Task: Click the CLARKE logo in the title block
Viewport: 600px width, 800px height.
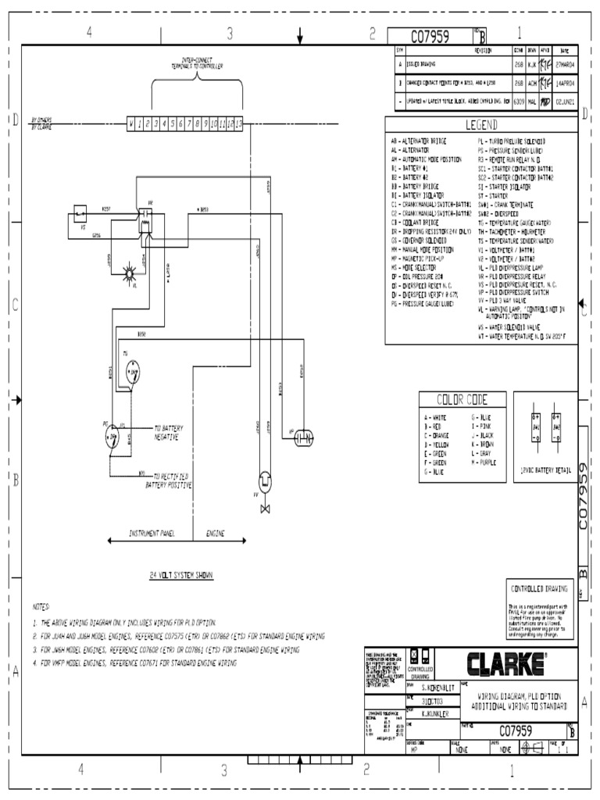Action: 505,664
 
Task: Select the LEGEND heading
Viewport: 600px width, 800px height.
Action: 481,125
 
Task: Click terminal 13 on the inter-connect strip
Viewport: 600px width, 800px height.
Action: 238,123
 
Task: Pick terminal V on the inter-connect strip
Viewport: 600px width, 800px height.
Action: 132,123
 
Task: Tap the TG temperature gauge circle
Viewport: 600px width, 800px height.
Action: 132,367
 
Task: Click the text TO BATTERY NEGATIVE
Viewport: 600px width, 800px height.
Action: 168,433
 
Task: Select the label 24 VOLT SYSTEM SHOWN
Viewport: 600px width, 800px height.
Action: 181,575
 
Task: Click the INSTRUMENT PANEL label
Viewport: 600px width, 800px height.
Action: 152,534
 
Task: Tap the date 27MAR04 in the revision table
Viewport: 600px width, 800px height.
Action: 565,64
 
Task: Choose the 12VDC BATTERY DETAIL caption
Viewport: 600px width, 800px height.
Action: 545,470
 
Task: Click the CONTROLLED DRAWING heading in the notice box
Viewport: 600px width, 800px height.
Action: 540,588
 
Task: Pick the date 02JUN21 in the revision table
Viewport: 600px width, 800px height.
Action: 565,101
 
